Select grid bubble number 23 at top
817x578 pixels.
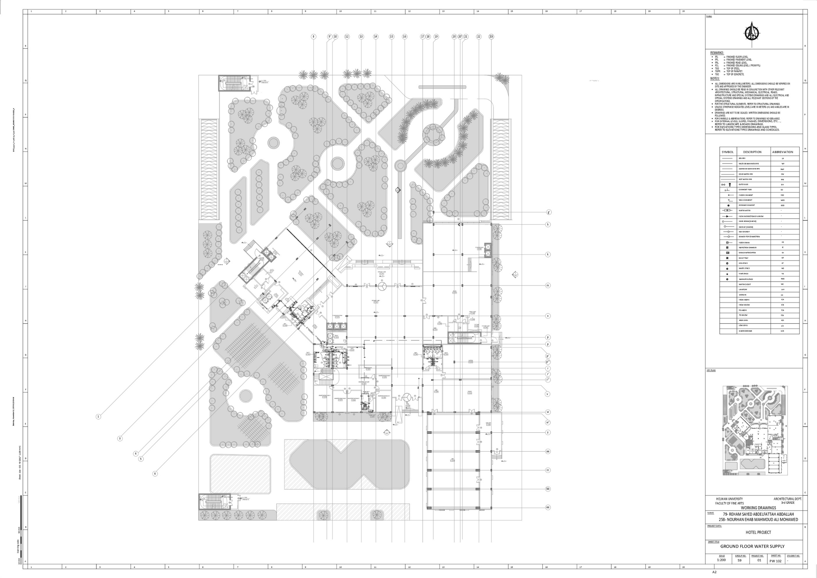pos(491,36)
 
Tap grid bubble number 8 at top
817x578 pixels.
pos(313,36)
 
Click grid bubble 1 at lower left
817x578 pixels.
pos(98,416)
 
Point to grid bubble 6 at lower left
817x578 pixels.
pos(155,473)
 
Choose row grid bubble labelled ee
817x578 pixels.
pos(547,507)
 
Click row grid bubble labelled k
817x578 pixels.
pos(547,255)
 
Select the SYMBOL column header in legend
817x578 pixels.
pos(728,152)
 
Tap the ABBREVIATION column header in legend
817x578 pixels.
pos(782,152)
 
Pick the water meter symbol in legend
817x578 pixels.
pos(727,211)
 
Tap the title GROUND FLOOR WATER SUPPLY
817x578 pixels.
pos(752,546)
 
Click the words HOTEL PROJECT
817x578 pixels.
pos(758,532)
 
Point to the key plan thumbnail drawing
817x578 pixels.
pos(755,430)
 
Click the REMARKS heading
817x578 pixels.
pos(717,53)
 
